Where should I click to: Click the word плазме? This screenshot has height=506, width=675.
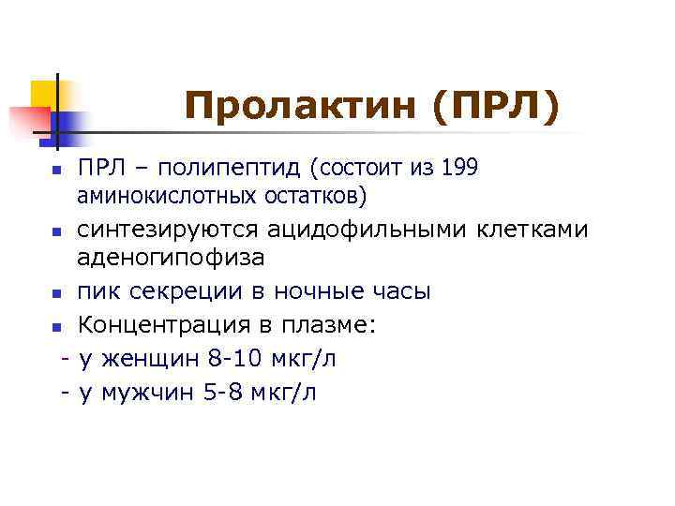pos(316,325)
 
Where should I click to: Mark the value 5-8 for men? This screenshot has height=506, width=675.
pos(225,392)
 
